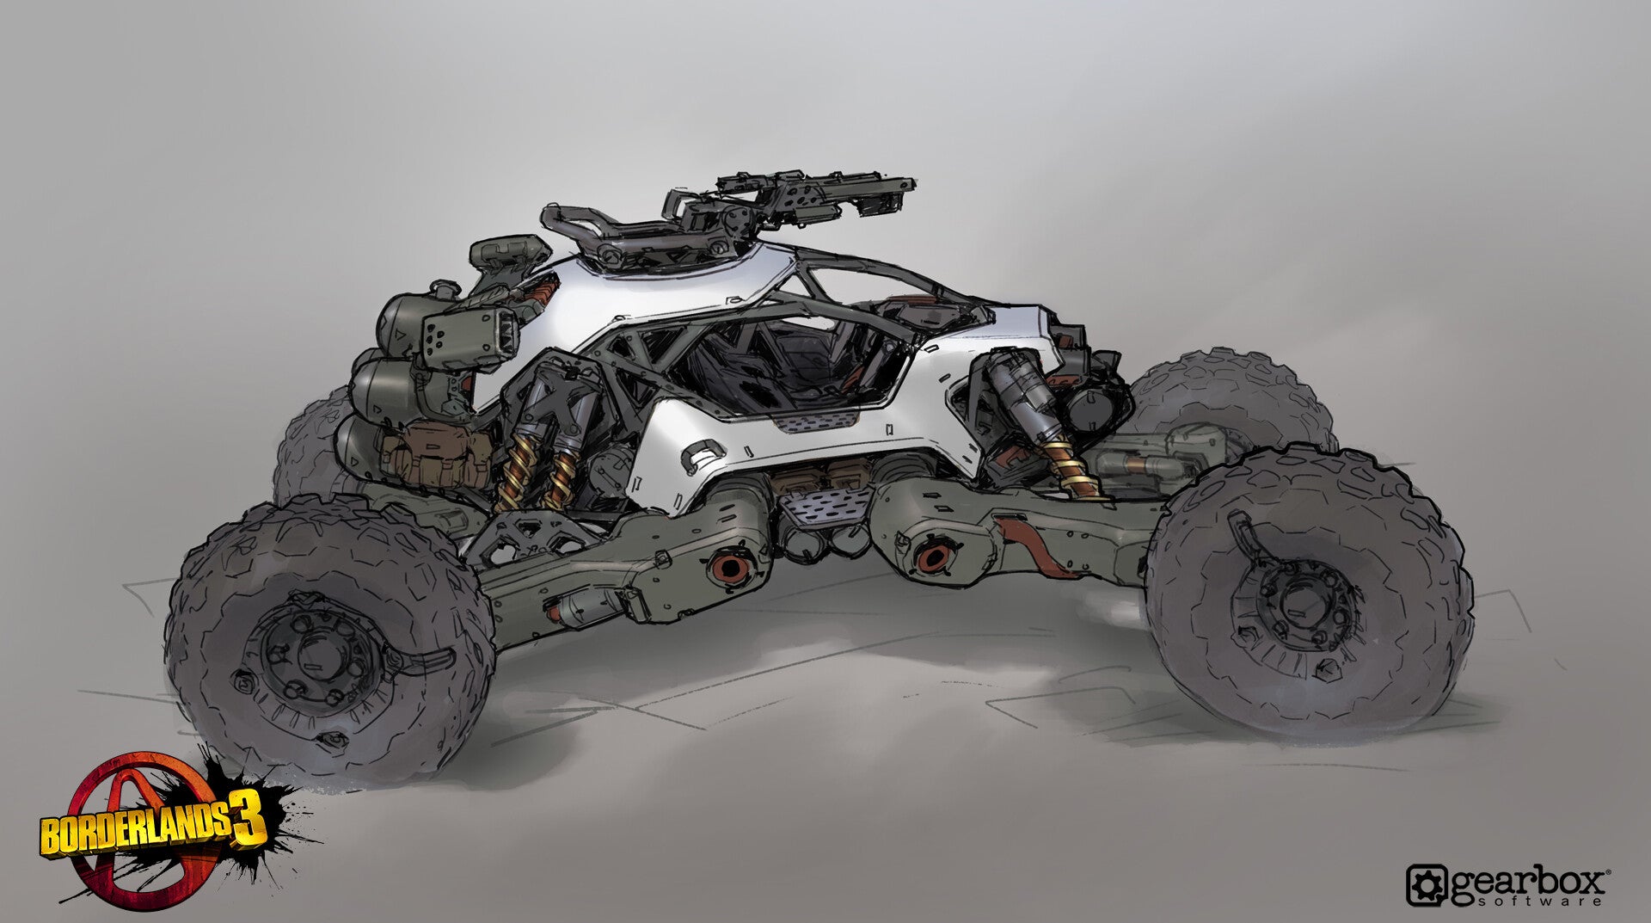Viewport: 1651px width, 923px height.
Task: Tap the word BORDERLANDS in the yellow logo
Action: tap(136, 832)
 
